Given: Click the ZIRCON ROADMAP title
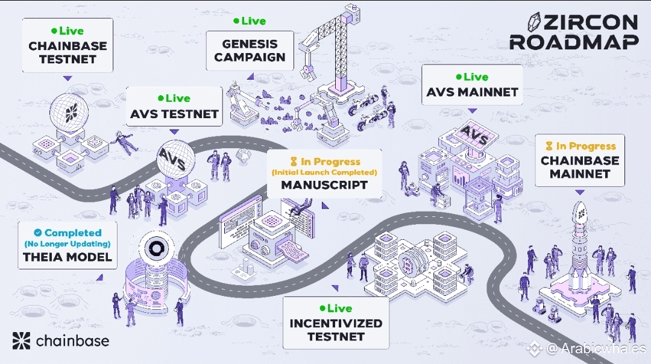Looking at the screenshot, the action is [574, 32].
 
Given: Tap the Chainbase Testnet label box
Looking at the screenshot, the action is [68, 45].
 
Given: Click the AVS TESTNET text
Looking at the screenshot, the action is [174, 114].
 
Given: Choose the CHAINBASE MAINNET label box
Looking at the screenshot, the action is [580, 160].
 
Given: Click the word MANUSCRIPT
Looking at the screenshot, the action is [324, 184].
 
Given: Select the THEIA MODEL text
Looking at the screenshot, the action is [68, 257].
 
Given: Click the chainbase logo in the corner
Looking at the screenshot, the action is [61, 340].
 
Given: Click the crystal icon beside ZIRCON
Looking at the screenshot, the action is [535, 22].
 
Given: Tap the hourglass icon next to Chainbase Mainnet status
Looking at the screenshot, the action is [549, 146].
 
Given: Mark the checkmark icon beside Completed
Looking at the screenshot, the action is [38, 233].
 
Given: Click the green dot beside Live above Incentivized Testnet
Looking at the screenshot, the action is [322, 309].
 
